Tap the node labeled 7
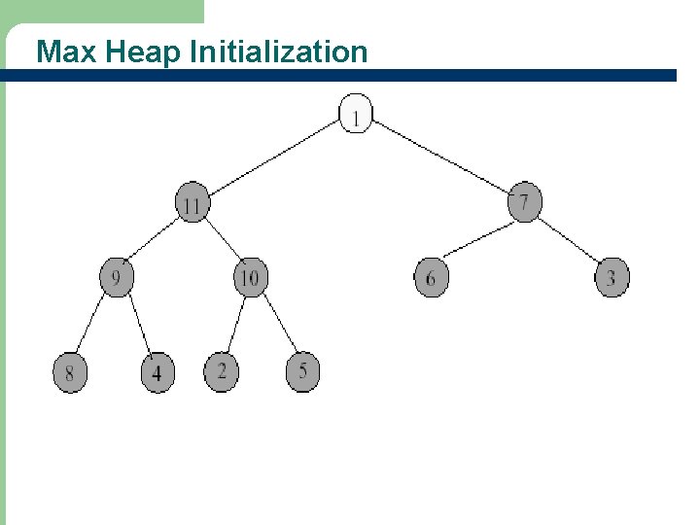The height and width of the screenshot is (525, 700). click(524, 202)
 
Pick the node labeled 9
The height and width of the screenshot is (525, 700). click(117, 278)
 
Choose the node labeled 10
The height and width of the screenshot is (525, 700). click(250, 278)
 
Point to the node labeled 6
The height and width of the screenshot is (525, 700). click(431, 278)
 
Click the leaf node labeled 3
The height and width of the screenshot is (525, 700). click(612, 278)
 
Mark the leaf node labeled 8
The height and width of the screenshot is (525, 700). click(69, 372)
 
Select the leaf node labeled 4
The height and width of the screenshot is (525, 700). click(157, 372)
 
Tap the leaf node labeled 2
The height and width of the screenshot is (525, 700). click(222, 371)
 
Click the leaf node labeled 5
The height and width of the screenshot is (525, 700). click(303, 371)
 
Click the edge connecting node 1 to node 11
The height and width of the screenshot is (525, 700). click(274, 158)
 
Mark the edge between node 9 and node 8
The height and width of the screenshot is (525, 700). click(92, 325)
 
